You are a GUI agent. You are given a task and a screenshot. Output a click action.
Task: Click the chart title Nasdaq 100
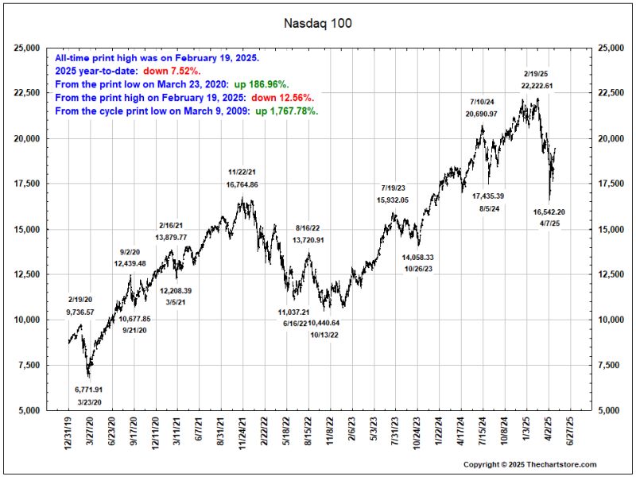click(318, 23)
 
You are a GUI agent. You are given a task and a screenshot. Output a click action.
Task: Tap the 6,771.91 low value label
click(88, 390)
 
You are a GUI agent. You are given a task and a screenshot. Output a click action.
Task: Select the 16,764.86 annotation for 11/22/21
click(242, 184)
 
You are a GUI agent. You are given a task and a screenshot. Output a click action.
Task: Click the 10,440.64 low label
click(324, 323)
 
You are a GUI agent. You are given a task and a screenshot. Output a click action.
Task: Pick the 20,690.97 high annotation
click(482, 114)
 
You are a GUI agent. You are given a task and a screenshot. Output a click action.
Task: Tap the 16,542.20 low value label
click(549, 212)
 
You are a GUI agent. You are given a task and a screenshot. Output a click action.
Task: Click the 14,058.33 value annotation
click(417, 258)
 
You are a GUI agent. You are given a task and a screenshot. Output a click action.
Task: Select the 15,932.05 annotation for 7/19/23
click(393, 200)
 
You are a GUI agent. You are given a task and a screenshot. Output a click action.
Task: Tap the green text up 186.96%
click(260, 84)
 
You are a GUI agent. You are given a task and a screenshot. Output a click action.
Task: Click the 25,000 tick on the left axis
click(28, 48)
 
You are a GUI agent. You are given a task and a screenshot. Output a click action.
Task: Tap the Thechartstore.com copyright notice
click(529, 464)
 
